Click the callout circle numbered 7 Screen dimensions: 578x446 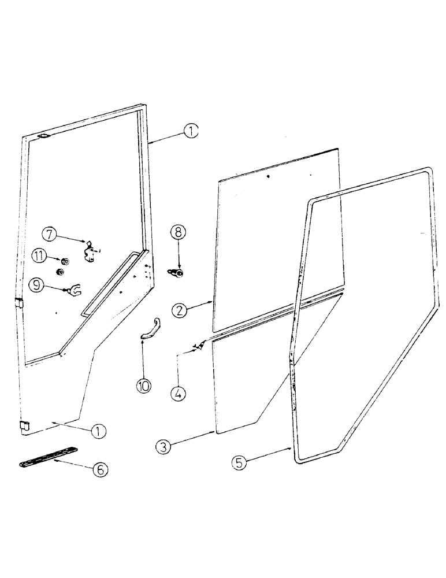(50, 234)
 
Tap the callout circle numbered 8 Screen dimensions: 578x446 (179, 232)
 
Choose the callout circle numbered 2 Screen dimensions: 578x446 (181, 309)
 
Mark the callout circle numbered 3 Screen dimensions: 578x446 (165, 446)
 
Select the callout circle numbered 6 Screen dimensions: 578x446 (100, 470)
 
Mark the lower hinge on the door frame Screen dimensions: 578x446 (24, 427)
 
